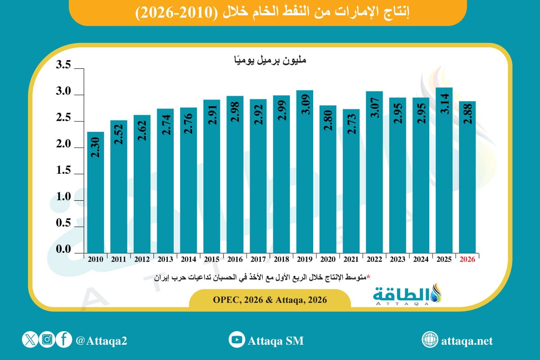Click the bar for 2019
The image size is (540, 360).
[305, 171]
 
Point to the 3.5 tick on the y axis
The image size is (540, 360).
[64, 66]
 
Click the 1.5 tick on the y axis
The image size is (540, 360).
[64, 171]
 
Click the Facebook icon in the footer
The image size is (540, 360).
[64, 340]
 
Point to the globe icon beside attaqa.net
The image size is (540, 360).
[430, 340]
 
